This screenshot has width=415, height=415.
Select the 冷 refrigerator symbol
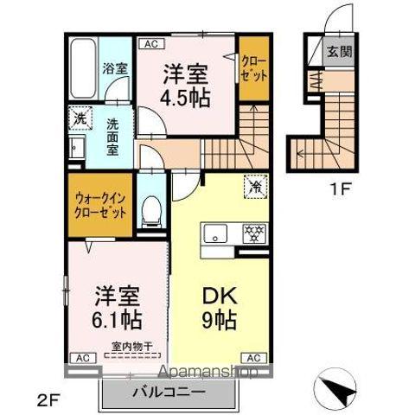coord(256,184)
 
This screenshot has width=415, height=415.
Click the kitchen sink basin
coord(214,233)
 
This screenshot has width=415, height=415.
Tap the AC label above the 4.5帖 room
coord(150,41)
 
